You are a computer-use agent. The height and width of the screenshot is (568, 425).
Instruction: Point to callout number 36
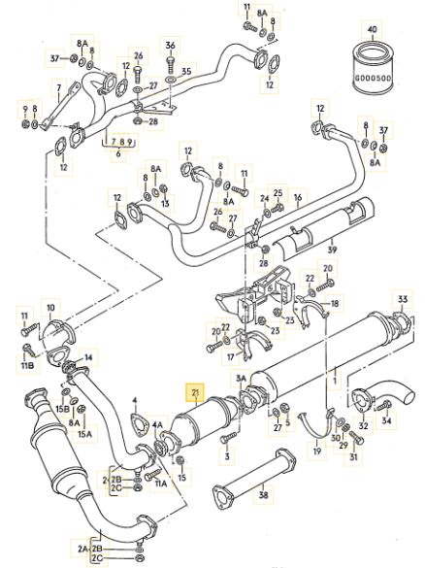pyautogui.click(x=171, y=46)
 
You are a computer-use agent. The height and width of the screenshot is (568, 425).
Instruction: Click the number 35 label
pyautogui.click(x=187, y=70)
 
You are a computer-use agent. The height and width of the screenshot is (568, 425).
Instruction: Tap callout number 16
pyautogui.click(x=299, y=197)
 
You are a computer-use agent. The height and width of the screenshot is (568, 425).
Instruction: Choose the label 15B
pyautogui.click(x=61, y=410)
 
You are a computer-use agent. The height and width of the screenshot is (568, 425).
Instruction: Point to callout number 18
pyautogui.click(x=334, y=303)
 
